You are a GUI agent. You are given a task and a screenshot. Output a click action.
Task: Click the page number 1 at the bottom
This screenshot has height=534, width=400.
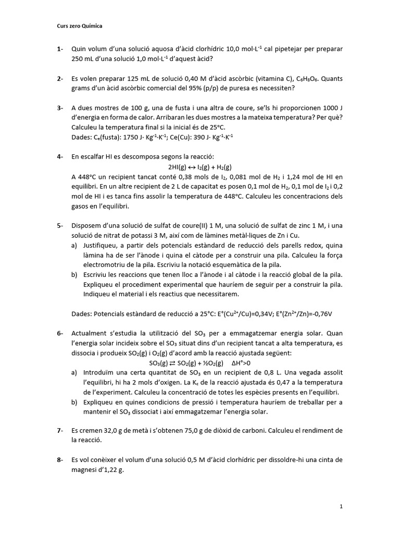click(340, 506)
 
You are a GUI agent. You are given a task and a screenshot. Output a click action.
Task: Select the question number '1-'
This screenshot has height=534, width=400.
click(60, 49)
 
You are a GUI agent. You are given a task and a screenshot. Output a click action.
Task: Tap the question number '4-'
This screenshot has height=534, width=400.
click(60, 156)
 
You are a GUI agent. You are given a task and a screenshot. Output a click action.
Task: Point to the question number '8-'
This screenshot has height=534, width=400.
click(60, 459)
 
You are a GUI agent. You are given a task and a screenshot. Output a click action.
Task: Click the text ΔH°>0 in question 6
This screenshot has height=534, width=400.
click(241, 363)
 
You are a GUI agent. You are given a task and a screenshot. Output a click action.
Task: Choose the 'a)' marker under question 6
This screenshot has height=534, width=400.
click(74, 373)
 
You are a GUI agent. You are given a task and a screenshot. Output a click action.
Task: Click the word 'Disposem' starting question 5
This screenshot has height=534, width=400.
click(87, 226)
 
